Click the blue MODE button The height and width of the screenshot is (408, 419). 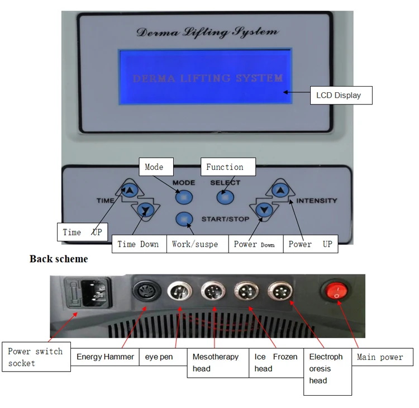point(183,197)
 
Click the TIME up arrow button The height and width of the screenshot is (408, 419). point(130,191)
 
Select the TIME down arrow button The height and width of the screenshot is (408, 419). point(146,210)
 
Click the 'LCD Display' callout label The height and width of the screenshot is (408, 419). point(339,95)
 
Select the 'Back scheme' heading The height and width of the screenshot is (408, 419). point(59,259)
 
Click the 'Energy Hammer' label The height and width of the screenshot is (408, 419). point(105,357)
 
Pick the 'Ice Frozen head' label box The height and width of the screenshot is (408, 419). point(275,362)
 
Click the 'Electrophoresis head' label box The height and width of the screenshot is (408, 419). point(327,368)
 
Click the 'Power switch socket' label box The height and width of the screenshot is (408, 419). point(37,357)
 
